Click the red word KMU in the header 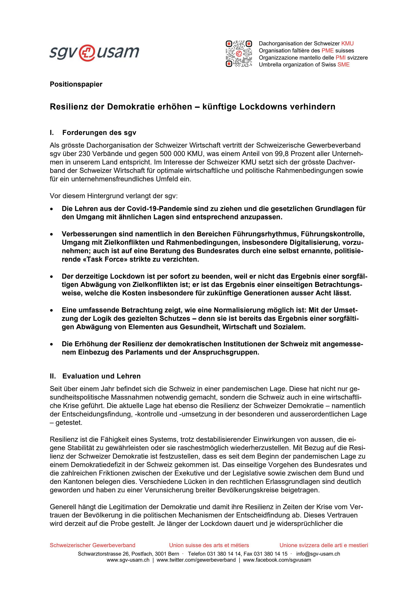pyautogui.click(x=348, y=44)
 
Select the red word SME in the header pyautogui.click(x=344, y=65)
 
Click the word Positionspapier pyautogui.click(x=76, y=84)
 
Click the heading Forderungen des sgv pyautogui.click(x=99, y=133)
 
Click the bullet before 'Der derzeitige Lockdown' pyautogui.click(x=52, y=277)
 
